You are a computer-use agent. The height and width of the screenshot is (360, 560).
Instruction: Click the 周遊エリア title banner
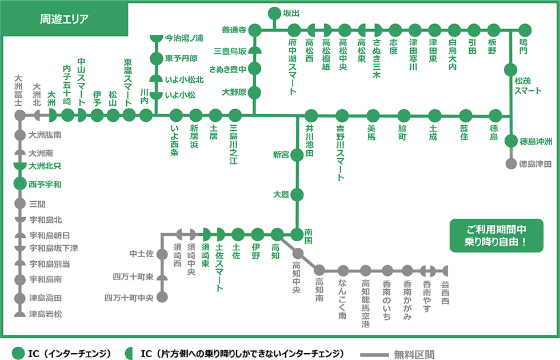[x=64, y=18]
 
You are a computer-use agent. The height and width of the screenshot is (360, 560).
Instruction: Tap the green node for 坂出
[x=274, y=13]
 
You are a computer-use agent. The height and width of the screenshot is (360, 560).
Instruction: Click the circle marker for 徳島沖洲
[x=510, y=142]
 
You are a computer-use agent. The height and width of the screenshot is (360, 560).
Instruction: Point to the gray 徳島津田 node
[x=510, y=164]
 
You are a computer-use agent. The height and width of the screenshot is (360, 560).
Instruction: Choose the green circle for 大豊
[x=297, y=195]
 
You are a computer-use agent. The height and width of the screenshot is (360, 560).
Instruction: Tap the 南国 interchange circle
[x=297, y=234]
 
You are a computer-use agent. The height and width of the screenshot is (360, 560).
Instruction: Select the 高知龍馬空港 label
[x=366, y=303]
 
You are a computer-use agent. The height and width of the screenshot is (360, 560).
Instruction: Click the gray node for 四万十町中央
[x=162, y=298]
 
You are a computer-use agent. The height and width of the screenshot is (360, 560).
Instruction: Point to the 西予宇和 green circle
[x=20, y=185]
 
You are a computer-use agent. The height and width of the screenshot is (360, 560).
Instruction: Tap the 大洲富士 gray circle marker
[x=20, y=115]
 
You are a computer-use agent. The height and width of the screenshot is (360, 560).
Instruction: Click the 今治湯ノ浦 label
[x=184, y=38]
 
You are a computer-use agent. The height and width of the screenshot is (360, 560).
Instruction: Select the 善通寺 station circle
[x=255, y=29]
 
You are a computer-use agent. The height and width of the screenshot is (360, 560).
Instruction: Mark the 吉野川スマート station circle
[x=342, y=115]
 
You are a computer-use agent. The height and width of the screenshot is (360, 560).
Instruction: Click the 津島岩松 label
[x=45, y=313]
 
